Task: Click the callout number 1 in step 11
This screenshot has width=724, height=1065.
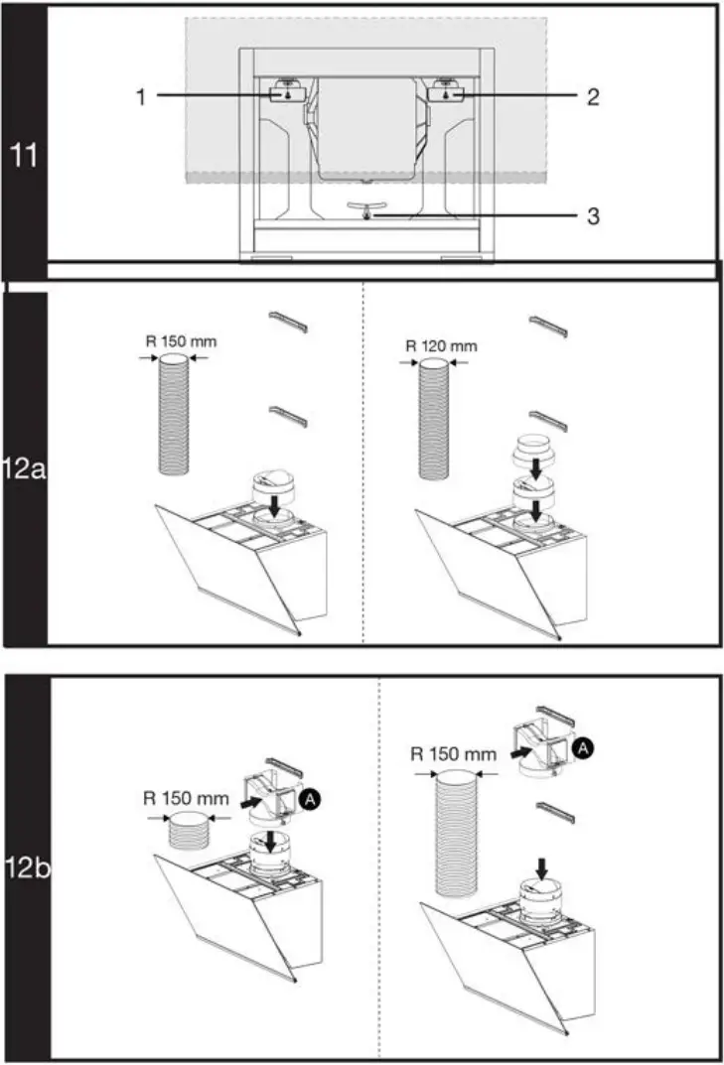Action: [142, 96]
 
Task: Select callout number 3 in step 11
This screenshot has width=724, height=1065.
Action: [592, 215]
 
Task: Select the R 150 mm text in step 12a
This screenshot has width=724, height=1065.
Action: [181, 341]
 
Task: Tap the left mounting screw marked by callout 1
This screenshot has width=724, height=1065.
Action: [286, 95]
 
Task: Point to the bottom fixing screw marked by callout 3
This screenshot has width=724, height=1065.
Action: [366, 215]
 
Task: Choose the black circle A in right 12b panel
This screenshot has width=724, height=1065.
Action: [586, 749]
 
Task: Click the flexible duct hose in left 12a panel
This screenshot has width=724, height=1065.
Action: [181, 419]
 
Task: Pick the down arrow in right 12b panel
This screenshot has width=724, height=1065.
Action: [540, 868]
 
